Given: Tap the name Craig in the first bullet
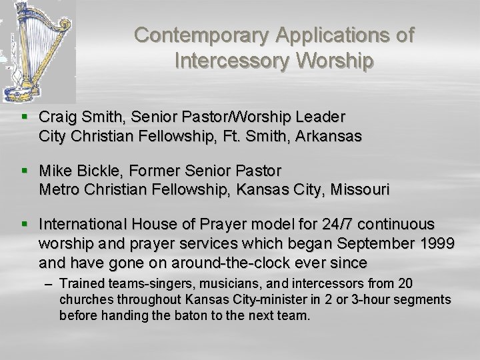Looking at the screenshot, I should pos(58,117).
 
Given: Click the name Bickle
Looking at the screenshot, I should pos(101,171).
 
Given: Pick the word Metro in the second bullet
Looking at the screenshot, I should pos(58,189).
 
